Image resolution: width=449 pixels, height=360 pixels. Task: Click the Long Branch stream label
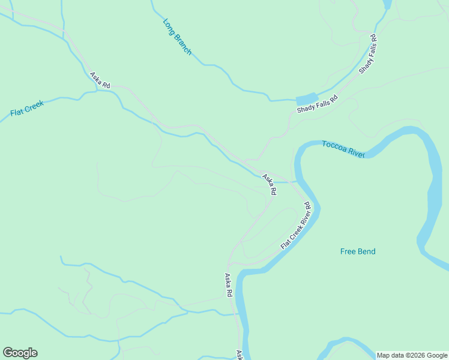tap(177, 37)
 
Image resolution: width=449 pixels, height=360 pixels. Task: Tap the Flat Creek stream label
tap(27, 109)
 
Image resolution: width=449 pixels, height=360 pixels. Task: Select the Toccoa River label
tap(343, 149)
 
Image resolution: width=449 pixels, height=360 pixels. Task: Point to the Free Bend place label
tap(358, 251)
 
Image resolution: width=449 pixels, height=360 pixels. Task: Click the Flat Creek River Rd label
tap(296, 226)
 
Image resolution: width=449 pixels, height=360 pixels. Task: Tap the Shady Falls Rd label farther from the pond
tap(369, 54)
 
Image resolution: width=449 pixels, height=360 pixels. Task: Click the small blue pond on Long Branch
tap(306, 99)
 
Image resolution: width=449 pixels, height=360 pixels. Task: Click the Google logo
tap(20, 353)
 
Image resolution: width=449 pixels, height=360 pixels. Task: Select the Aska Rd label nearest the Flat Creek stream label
tap(100, 81)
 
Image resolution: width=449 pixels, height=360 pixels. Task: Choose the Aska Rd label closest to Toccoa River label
tap(269, 185)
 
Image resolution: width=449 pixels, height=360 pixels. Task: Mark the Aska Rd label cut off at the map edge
tap(239, 355)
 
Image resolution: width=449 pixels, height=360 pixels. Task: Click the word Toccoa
tap(333, 146)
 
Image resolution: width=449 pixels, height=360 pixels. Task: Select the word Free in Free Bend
tap(348, 251)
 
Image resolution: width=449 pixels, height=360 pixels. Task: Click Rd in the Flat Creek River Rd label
tap(307, 206)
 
